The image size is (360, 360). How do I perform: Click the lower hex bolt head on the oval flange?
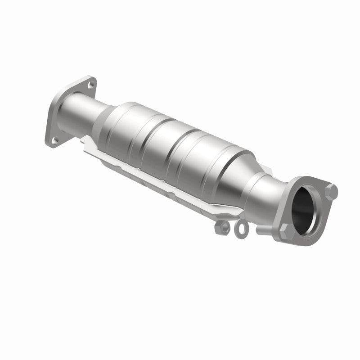(286, 234)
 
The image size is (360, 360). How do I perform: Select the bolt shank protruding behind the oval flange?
(263, 229)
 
